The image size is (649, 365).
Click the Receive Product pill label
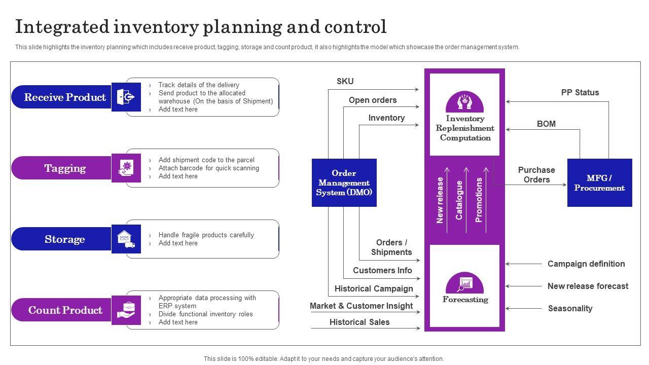click(61, 97)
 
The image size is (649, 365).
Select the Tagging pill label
click(61, 168)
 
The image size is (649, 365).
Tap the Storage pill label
click(61, 239)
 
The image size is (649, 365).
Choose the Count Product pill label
click(61, 310)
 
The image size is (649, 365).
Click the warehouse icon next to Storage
click(126, 239)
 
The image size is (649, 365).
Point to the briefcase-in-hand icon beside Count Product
click(126, 310)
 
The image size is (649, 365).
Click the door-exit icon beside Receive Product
click(126, 97)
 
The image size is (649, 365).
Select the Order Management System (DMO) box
click(344, 183)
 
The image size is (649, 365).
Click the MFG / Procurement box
click(600, 183)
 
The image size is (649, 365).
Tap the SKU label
click(345, 82)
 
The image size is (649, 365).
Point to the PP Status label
click(580, 92)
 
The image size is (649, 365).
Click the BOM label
click(546, 124)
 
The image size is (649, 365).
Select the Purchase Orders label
click(536, 175)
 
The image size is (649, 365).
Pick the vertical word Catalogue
click(459, 200)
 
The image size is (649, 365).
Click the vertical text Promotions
click(479, 200)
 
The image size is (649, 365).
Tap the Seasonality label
click(570, 309)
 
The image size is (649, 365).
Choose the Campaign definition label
click(586, 264)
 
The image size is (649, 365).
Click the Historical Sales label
click(359, 322)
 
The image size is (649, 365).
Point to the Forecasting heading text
click(465, 300)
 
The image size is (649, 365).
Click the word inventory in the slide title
click(156, 27)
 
